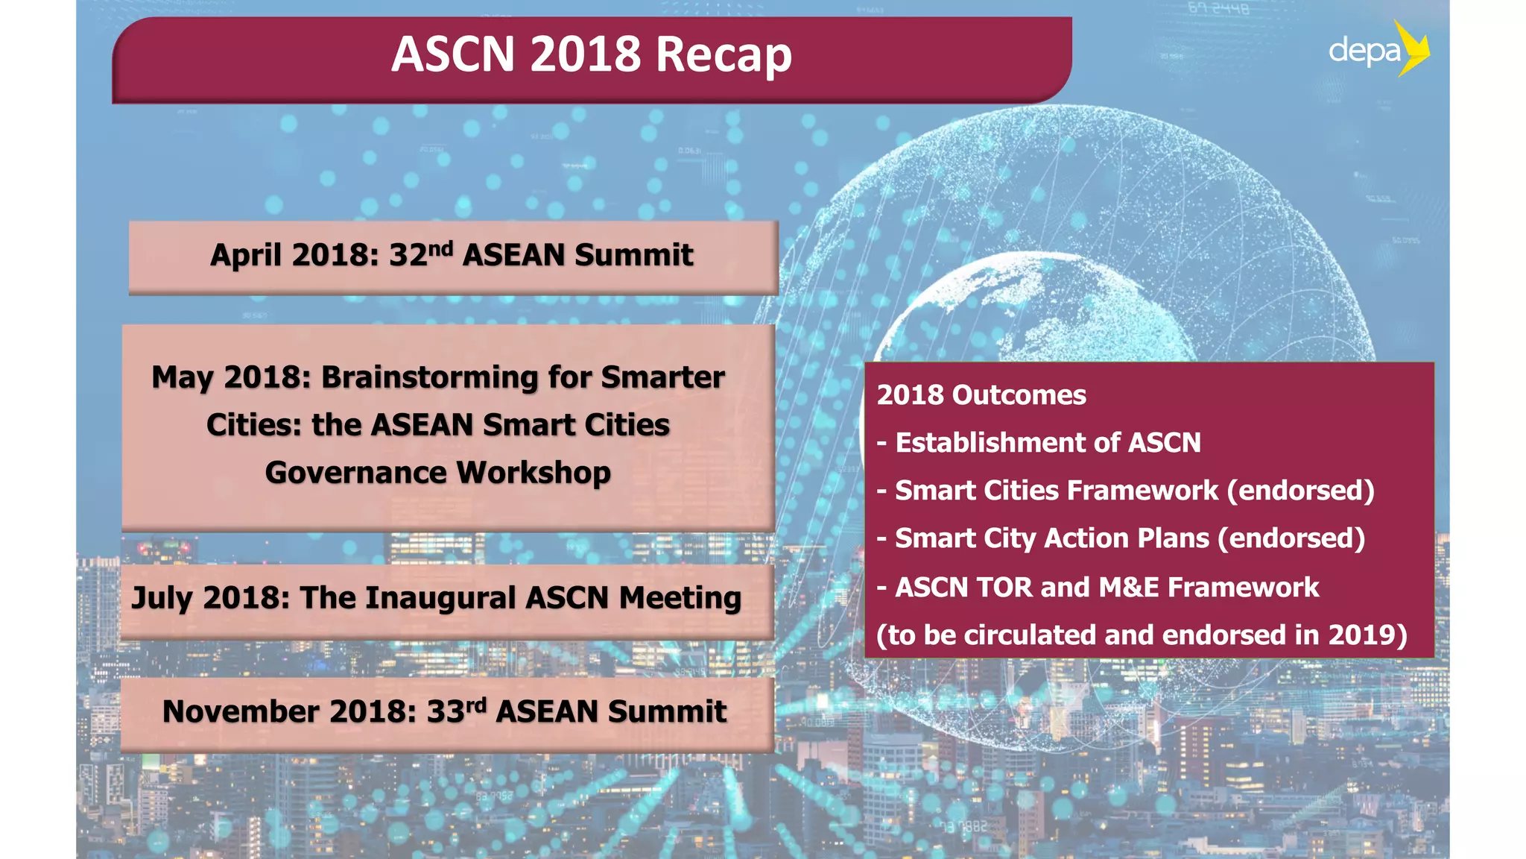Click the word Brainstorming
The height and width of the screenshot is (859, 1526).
pos(429,377)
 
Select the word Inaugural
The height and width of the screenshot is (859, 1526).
pos(440,598)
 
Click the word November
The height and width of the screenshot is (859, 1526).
pos(242,711)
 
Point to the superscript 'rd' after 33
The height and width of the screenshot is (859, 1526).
pos(476,704)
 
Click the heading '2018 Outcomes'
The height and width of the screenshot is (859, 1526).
pos(981,395)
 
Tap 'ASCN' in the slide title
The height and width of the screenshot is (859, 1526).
pos(453,55)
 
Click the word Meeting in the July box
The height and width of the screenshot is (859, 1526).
pos(680,598)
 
